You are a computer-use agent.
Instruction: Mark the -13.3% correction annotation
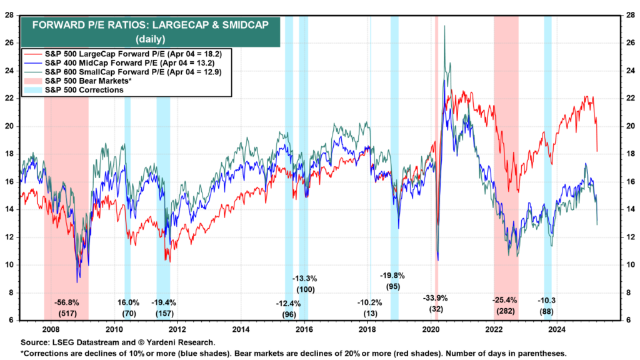click(306, 278)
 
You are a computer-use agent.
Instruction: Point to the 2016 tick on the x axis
click(304, 329)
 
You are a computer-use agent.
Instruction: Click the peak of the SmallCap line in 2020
click(444, 26)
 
